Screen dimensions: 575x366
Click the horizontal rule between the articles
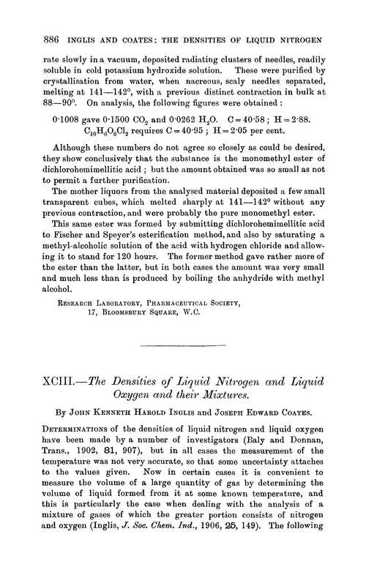coord(184,386)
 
